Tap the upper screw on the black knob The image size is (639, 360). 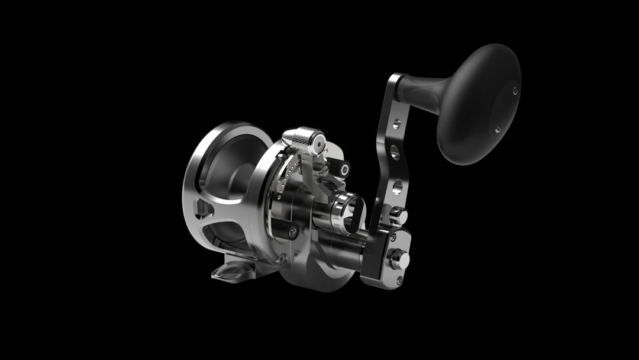(x=515, y=91)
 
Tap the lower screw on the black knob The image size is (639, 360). (x=498, y=128)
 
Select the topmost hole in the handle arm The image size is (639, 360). (x=396, y=124)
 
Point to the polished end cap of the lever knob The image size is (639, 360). (x=318, y=142)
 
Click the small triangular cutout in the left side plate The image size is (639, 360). (x=202, y=208)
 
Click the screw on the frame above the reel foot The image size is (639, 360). (x=282, y=259)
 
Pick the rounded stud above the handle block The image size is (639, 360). (x=400, y=214)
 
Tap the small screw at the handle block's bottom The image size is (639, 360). (x=399, y=279)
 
